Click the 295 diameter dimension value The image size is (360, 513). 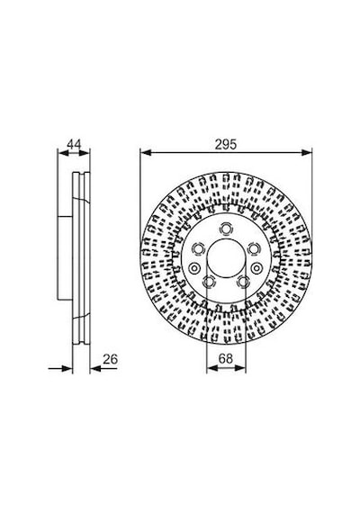[226, 144]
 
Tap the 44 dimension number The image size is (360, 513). [74, 144]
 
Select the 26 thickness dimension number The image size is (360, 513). [111, 359]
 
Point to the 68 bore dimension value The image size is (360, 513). [226, 358]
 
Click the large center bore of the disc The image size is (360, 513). [226, 257]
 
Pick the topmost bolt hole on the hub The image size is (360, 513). [226, 229]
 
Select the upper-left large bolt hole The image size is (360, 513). [198, 249]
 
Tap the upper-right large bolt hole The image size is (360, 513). [253, 249]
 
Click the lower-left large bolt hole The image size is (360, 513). [209, 282]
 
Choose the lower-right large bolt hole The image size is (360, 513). [243, 282]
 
